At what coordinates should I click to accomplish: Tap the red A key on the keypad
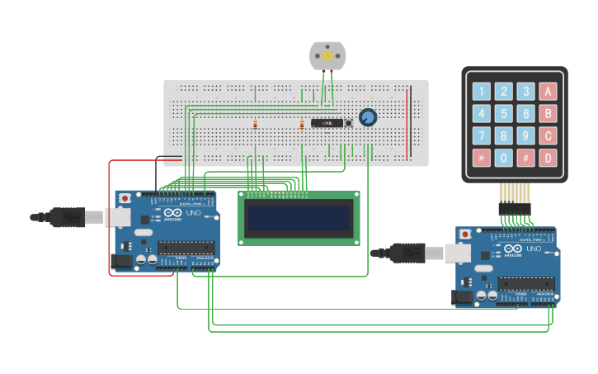click(x=548, y=92)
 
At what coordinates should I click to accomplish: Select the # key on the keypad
click(x=525, y=157)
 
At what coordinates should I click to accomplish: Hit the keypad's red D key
click(x=548, y=157)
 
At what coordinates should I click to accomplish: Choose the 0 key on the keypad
click(x=503, y=157)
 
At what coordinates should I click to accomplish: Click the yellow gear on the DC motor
click(x=327, y=56)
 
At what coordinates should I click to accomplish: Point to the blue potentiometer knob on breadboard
click(x=367, y=118)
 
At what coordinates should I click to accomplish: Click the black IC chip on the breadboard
click(x=327, y=123)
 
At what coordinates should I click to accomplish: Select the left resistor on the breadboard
click(x=255, y=125)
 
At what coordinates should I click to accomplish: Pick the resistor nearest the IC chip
click(x=302, y=125)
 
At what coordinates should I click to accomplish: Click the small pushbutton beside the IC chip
click(x=349, y=123)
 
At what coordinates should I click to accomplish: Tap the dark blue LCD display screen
click(x=299, y=219)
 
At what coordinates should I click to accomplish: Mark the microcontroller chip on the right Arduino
click(x=525, y=283)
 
